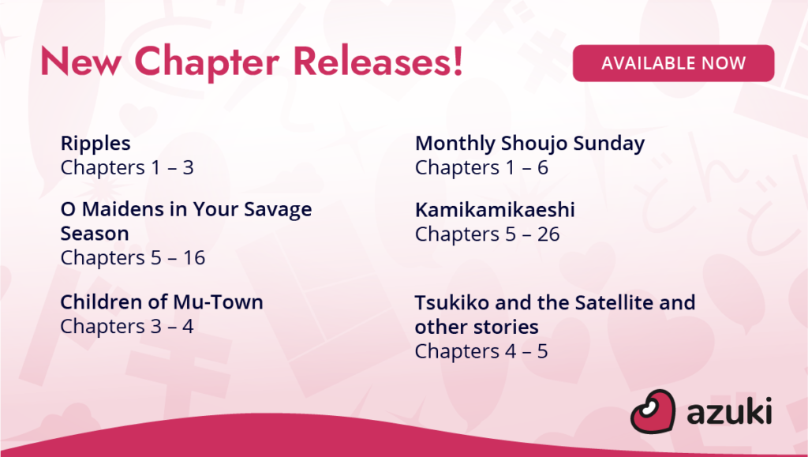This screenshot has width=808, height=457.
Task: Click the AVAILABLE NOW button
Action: [x=673, y=63]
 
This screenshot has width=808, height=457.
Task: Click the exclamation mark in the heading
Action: [x=457, y=62]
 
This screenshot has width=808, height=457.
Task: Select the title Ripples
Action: [x=95, y=144]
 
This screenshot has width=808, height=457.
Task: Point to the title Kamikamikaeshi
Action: [x=495, y=210]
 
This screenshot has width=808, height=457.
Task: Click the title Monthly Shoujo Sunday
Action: [x=529, y=144]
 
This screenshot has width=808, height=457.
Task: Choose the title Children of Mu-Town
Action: [x=162, y=302]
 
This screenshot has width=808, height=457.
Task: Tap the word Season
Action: [x=95, y=234]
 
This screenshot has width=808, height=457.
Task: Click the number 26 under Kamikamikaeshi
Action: [x=548, y=234]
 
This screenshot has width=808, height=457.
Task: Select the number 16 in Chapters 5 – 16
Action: [x=194, y=257]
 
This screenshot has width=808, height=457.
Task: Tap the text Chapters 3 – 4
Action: [x=127, y=327]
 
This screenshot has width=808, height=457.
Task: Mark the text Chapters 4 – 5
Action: [x=481, y=351]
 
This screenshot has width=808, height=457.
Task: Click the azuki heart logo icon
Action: [x=653, y=411]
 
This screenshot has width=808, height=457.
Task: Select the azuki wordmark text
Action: [x=729, y=412]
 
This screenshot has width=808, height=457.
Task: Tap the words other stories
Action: [x=477, y=327]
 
